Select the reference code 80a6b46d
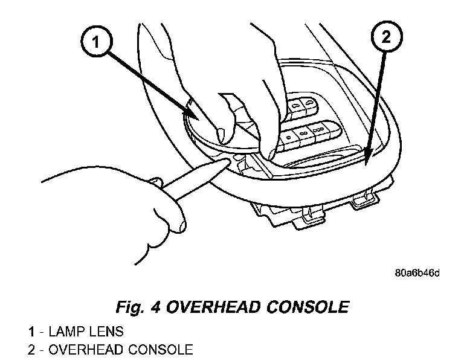[416, 272]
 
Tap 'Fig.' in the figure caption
[130, 307]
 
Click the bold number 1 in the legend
[31, 332]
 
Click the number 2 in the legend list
[31, 349]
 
